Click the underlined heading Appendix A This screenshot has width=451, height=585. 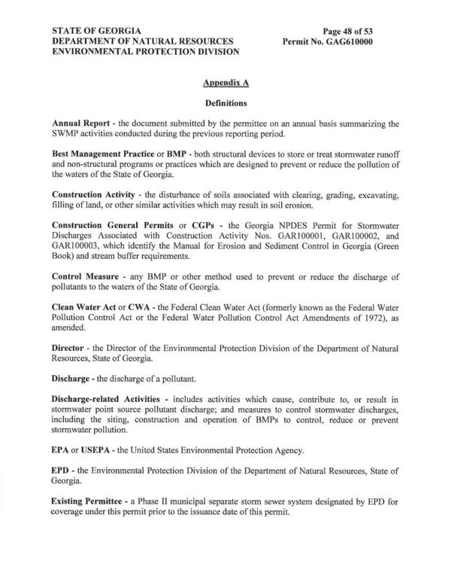click(225, 80)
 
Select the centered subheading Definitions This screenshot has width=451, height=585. click(225, 100)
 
